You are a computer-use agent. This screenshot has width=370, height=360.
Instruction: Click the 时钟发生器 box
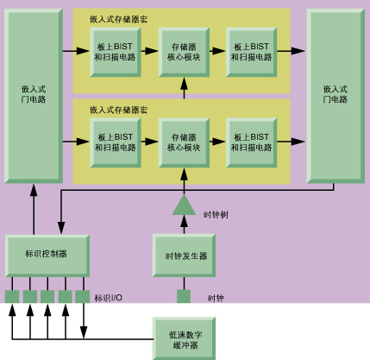point(184,256)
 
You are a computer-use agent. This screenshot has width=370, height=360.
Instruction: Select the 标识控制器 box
point(47,256)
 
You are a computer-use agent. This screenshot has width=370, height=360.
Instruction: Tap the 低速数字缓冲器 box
point(184,338)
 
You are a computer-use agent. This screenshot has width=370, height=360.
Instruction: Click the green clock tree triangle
point(184,205)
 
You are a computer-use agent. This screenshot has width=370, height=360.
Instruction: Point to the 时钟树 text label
point(216,215)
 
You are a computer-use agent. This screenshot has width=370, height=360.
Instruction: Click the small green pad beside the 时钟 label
point(184,296)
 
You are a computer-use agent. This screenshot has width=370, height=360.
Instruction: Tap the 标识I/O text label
point(109,298)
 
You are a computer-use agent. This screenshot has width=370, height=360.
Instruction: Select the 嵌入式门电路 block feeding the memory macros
point(34,96)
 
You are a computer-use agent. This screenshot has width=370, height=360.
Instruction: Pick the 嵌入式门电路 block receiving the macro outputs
point(336,96)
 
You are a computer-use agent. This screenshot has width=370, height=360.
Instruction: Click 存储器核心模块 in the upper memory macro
point(184,52)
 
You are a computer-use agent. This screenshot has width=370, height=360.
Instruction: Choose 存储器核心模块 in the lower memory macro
point(184,142)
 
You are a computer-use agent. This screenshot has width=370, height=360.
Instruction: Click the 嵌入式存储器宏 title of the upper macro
point(119,19)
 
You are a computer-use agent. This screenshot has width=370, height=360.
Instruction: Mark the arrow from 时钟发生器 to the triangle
point(184,224)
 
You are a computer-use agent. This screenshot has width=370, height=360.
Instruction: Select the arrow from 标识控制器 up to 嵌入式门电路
point(34,209)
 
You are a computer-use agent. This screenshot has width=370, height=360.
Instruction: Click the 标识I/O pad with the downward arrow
point(83,296)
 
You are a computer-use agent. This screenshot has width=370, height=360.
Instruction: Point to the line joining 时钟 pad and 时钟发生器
point(184,283)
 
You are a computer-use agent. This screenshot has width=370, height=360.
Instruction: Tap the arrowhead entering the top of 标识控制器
point(61,228)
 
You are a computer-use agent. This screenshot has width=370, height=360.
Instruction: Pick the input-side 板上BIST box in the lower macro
point(116,142)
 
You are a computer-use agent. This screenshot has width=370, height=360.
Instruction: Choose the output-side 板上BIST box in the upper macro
point(252,52)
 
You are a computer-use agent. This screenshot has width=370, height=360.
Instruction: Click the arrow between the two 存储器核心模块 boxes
point(184,88)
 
